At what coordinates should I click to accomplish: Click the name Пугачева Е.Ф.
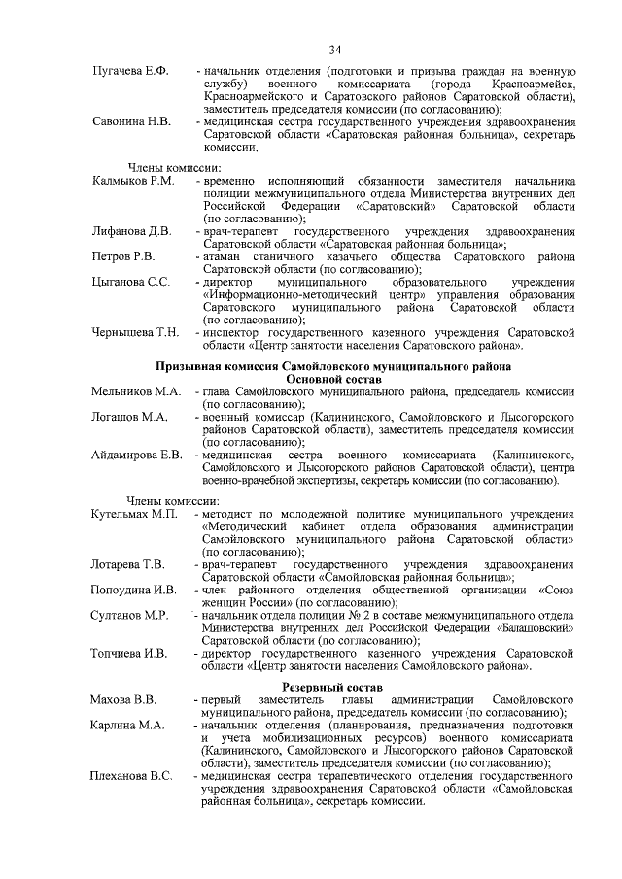pyautogui.click(x=131, y=73)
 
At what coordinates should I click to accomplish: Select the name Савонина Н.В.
pyautogui.click(x=131, y=122)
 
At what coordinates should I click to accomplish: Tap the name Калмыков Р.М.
pyautogui.click(x=133, y=182)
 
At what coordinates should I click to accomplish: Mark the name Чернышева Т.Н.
pyautogui.click(x=135, y=333)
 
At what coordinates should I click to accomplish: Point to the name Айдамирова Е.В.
pyautogui.click(x=137, y=455)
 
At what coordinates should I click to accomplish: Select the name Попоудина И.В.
pyautogui.click(x=133, y=590)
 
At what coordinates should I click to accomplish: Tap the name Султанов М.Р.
pyautogui.click(x=130, y=615)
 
